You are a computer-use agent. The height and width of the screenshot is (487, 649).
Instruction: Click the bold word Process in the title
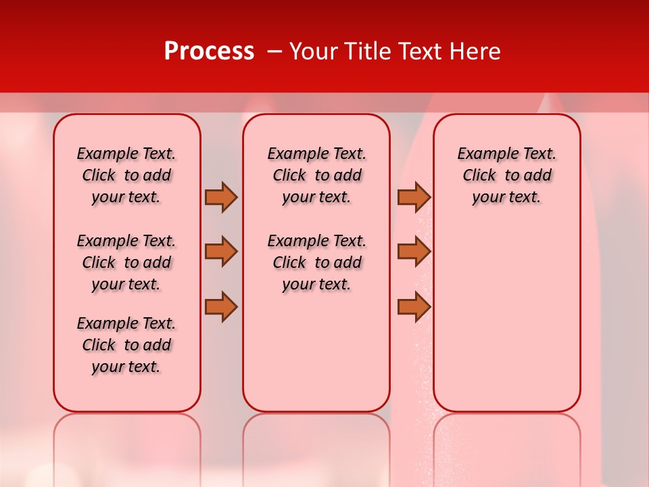tap(209, 51)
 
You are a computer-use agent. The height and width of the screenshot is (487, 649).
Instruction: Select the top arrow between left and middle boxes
tap(221, 197)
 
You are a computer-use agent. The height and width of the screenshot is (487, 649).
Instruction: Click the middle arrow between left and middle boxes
tap(221, 252)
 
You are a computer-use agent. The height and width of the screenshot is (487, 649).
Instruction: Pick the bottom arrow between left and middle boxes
tap(221, 306)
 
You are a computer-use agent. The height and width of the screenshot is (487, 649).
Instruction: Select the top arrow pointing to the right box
tap(414, 197)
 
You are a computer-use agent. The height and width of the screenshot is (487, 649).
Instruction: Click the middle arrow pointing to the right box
tap(414, 252)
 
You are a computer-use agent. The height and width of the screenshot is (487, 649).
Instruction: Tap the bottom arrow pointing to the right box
tap(414, 306)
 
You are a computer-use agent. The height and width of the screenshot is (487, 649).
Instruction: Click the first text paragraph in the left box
tap(126, 175)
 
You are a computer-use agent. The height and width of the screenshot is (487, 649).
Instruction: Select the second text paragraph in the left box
tap(126, 262)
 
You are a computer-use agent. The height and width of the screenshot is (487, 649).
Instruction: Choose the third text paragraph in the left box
tap(126, 345)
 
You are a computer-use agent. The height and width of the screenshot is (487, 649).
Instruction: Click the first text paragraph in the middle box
tap(316, 175)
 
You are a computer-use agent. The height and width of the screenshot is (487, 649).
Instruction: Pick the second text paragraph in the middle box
tap(316, 262)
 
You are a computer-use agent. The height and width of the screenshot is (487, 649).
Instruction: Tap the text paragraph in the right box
tap(506, 175)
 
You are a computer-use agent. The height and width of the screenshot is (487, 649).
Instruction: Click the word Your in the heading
tap(314, 51)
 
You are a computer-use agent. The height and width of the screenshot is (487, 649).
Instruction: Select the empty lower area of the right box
tap(506, 318)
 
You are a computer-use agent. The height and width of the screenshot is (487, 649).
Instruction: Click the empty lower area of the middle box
tap(316, 352)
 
